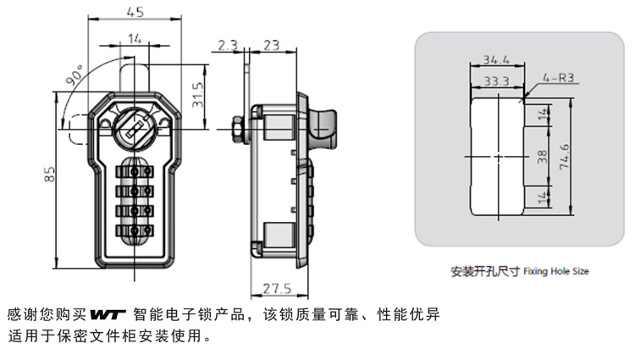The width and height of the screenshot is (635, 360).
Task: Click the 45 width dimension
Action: click(134, 12)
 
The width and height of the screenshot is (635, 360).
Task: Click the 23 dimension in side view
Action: click(272, 45)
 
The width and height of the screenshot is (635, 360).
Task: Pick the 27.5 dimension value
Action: click(277, 287)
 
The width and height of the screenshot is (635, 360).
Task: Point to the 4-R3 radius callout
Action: click(559, 78)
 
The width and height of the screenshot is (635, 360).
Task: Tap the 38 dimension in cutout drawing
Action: click(542, 157)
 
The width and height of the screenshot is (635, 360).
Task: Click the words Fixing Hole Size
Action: click(555, 272)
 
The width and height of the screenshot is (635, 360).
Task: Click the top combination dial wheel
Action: click(134, 170)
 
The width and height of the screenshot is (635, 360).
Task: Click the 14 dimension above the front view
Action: click(134, 37)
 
